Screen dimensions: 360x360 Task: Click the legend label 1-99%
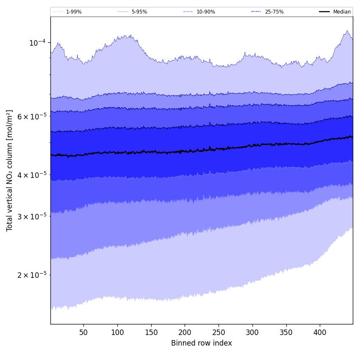click(x=74, y=12)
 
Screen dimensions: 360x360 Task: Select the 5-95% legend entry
click(x=139, y=12)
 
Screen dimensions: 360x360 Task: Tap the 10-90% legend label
click(x=205, y=12)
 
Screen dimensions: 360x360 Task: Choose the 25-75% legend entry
click(x=274, y=12)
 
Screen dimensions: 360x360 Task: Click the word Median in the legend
click(x=342, y=12)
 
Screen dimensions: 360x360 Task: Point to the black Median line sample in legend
click(x=324, y=12)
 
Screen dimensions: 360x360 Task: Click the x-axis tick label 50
click(x=83, y=332)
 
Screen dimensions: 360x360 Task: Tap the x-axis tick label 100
click(x=117, y=332)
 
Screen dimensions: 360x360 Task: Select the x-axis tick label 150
click(x=151, y=332)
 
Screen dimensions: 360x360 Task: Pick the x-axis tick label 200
click(x=185, y=332)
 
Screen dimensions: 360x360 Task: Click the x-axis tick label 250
click(x=219, y=332)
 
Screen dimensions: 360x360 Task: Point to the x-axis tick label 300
click(x=252, y=332)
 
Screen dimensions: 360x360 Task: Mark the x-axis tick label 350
click(x=286, y=332)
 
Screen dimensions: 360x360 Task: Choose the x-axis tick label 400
click(x=320, y=332)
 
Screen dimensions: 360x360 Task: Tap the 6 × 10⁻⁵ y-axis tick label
click(x=32, y=116)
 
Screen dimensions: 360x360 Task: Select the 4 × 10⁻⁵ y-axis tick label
click(x=32, y=174)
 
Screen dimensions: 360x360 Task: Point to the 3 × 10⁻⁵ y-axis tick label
click(x=32, y=216)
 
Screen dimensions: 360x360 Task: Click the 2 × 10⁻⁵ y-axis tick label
click(x=32, y=274)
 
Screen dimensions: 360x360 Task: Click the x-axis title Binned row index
click(x=202, y=343)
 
